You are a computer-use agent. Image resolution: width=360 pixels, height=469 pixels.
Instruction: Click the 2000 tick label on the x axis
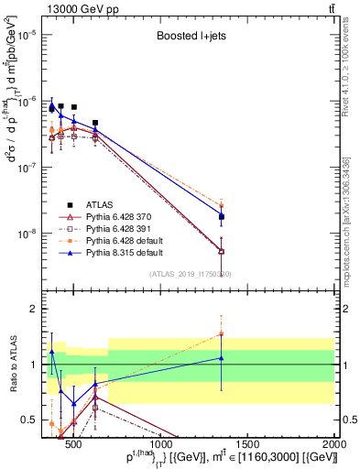335,432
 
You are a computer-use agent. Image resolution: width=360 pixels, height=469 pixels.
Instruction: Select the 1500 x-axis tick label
248,432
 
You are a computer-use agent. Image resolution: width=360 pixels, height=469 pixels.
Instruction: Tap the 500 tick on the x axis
74,432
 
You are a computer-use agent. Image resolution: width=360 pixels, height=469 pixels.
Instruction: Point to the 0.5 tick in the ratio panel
31,420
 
